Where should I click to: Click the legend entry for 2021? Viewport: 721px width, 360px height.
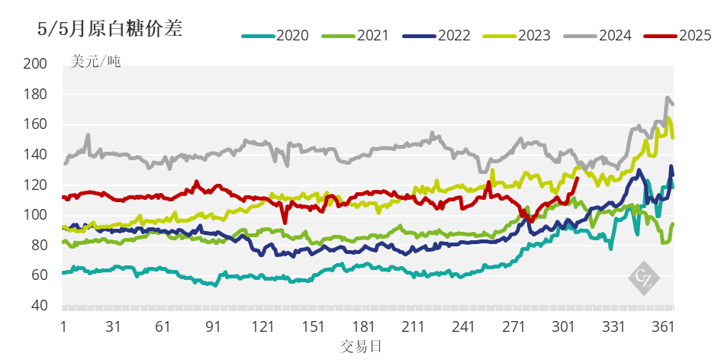click(357, 35)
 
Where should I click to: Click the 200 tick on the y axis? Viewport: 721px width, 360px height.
click(36, 64)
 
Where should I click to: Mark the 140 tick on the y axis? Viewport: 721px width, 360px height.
click(36, 155)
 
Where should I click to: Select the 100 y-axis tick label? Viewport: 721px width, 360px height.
click(36, 215)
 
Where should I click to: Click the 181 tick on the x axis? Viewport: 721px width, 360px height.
click(363, 326)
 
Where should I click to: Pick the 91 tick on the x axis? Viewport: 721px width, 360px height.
click(213, 326)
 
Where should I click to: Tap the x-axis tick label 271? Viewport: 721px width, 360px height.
click(513, 326)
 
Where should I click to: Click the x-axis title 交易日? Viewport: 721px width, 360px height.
click(361, 346)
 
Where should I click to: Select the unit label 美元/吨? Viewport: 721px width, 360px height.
click(95, 62)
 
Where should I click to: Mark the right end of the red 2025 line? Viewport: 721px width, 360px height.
click(577, 178)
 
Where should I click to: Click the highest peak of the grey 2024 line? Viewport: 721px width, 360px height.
click(668, 98)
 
